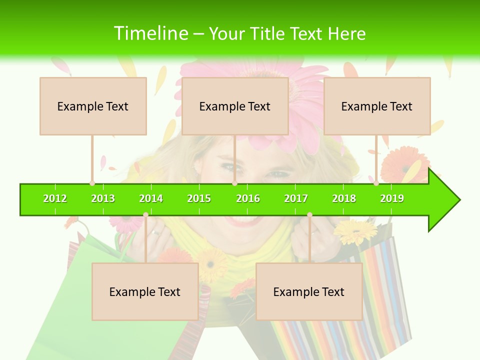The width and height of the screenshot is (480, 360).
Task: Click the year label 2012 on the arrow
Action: (55, 198)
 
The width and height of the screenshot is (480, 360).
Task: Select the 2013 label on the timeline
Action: (103, 198)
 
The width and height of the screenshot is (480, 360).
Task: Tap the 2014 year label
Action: (151, 198)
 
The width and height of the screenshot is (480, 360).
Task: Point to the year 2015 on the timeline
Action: (199, 198)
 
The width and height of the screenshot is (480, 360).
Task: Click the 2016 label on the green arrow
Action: (248, 198)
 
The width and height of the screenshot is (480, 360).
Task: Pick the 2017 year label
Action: (296, 198)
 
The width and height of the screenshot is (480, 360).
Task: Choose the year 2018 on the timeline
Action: (344, 198)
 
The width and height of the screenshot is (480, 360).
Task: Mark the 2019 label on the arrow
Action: (392, 198)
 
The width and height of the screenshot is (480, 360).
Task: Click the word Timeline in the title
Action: (150, 33)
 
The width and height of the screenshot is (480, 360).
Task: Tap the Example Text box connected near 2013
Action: (93, 106)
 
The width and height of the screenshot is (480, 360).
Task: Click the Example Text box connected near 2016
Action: (235, 106)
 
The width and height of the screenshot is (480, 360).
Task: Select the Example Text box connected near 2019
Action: (377, 106)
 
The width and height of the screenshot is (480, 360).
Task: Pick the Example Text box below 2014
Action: (145, 291)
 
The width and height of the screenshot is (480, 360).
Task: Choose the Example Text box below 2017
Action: (309, 291)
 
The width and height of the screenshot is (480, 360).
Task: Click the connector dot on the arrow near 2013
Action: (92, 183)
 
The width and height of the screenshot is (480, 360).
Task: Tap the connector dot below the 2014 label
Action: (145, 215)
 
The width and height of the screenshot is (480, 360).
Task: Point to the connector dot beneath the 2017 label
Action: (309, 215)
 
